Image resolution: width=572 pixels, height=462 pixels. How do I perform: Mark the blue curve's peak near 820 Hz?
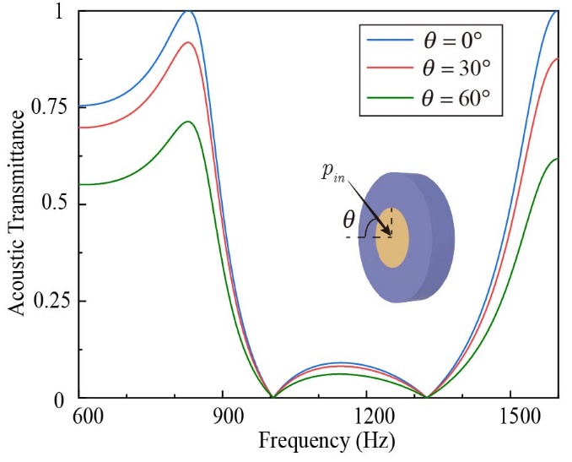click(x=188, y=11)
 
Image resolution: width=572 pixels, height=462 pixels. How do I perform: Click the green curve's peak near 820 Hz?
click(x=188, y=122)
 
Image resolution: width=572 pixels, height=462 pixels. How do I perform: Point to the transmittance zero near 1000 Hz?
click(x=271, y=396)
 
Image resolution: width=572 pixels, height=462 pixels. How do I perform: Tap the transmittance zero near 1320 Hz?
click(x=428, y=396)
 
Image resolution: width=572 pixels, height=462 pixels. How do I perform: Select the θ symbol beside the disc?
click(x=348, y=221)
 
